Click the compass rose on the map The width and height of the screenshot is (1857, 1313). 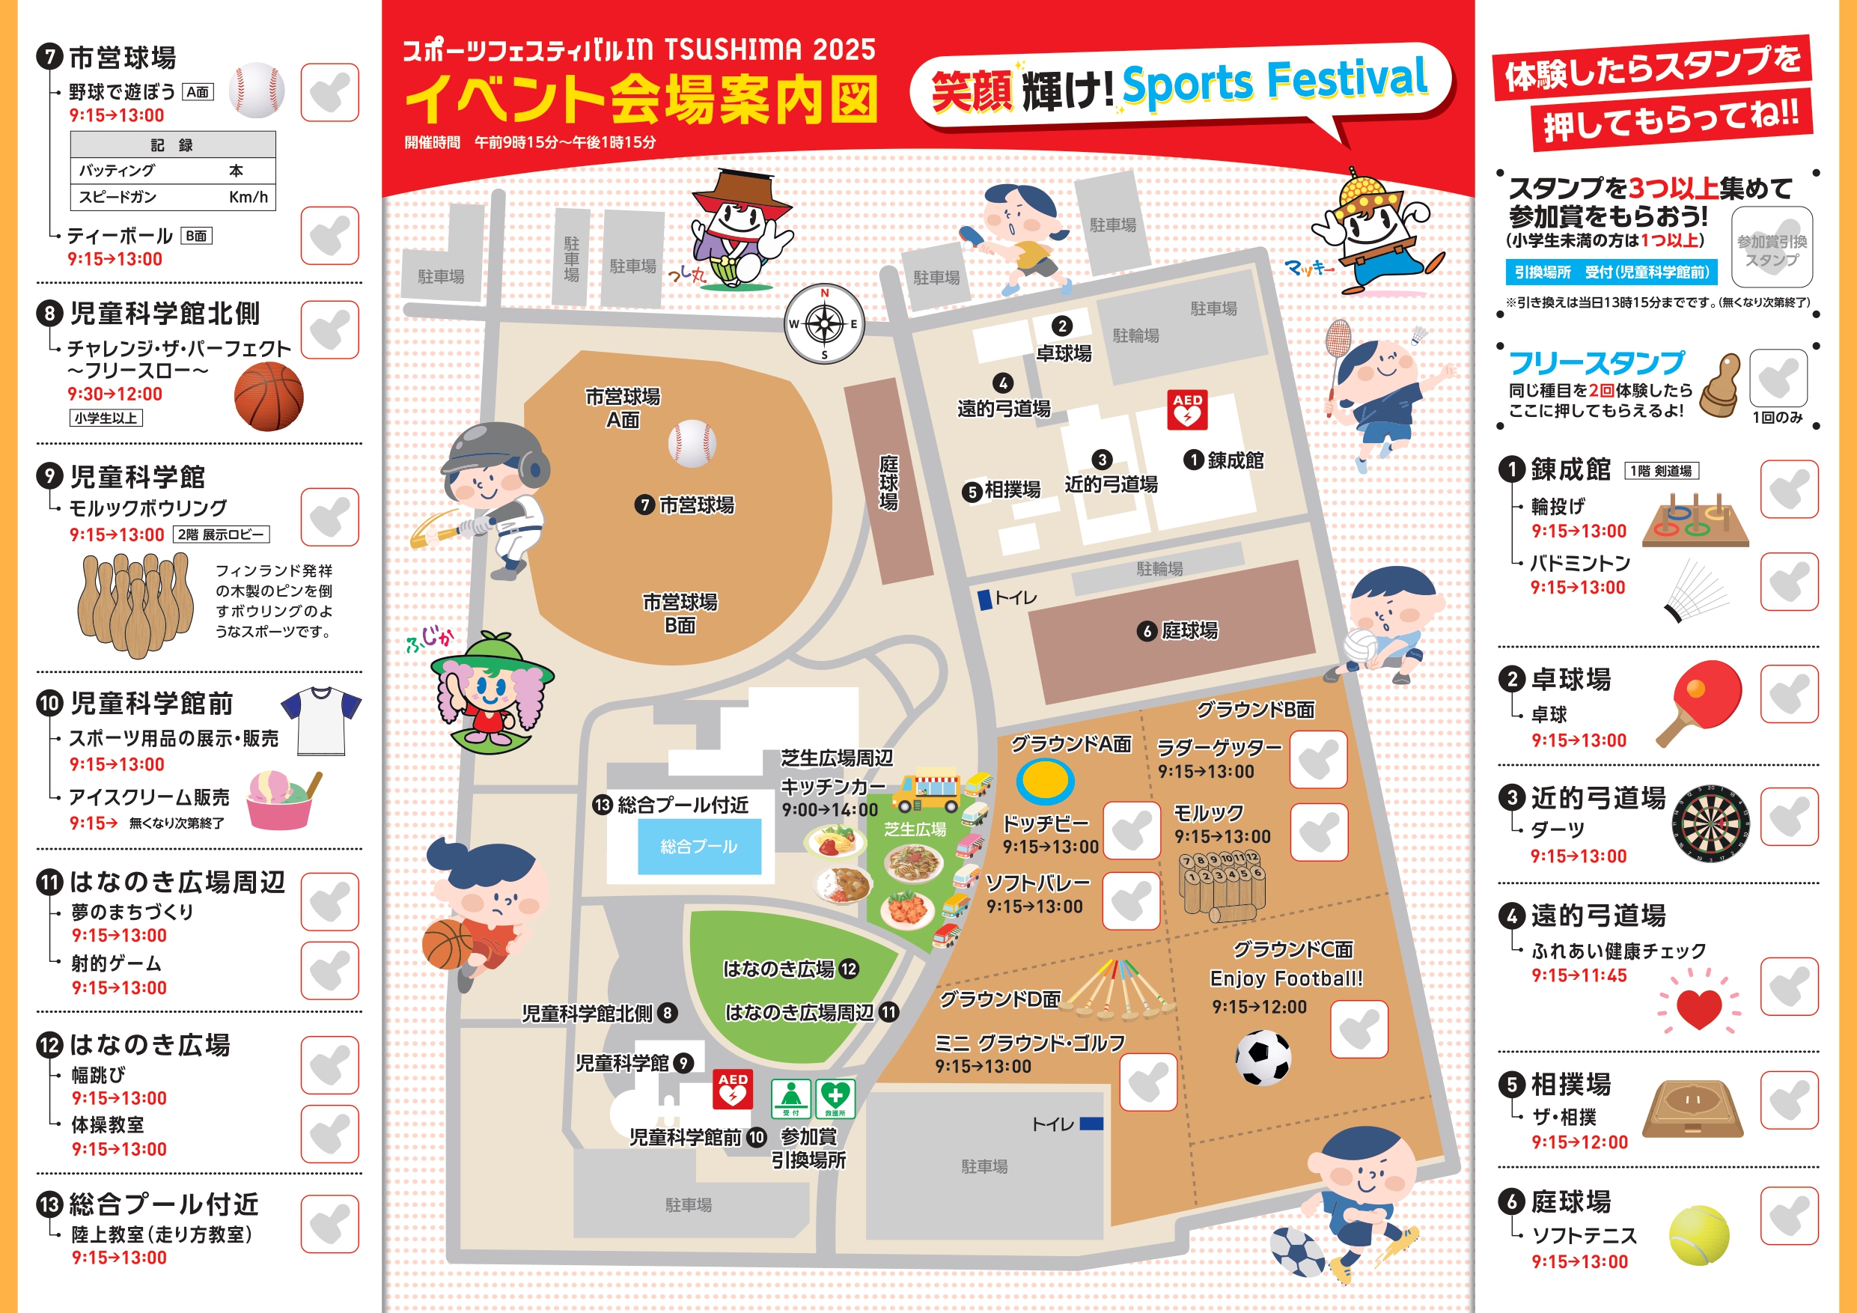click(824, 324)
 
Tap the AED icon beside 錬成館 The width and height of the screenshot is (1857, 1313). click(1186, 410)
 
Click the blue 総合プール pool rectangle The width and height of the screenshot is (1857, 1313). click(699, 846)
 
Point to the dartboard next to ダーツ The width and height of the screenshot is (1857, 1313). click(1710, 823)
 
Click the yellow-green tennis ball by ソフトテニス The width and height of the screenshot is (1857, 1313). click(1699, 1235)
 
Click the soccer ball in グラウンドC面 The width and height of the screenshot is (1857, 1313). click(1263, 1056)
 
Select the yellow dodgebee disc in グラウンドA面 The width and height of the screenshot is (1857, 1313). click(1045, 780)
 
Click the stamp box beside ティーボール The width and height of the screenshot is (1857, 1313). click(329, 235)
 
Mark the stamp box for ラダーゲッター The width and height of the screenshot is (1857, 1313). click(1317, 759)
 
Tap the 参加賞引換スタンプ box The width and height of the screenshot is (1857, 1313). click(1771, 247)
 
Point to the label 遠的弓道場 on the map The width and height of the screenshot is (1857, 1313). click(1004, 409)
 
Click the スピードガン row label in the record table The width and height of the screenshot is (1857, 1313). click(118, 197)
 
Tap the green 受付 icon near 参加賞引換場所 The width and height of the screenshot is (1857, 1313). click(790, 1098)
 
